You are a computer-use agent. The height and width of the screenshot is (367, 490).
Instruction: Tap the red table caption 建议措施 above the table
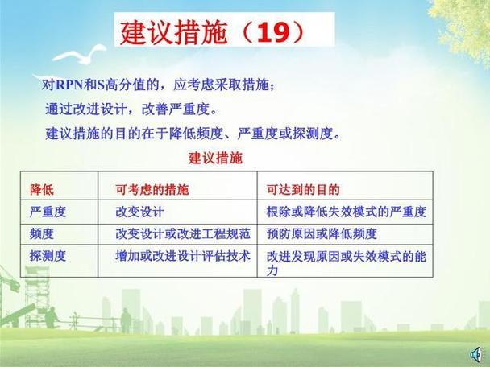pos(215,158)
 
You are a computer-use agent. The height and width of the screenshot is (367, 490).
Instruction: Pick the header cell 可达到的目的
pos(303,190)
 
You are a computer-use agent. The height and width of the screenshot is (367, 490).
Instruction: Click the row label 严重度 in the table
pos(48,212)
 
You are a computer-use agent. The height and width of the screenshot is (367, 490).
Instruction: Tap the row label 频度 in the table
pos(42,234)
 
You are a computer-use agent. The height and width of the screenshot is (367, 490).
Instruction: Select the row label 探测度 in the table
pos(48,255)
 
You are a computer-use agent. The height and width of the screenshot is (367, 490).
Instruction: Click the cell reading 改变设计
pos(139,212)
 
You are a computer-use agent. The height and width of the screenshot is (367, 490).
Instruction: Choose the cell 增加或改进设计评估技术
pos(182,255)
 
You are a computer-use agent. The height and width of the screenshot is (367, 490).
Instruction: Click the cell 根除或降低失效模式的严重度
pos(346,212)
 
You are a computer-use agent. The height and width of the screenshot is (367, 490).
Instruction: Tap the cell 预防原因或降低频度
pos(322,234)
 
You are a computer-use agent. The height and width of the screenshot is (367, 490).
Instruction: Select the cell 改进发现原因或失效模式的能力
pos(346,262)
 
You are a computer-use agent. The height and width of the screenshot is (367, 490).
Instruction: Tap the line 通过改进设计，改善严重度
pos(131,109)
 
